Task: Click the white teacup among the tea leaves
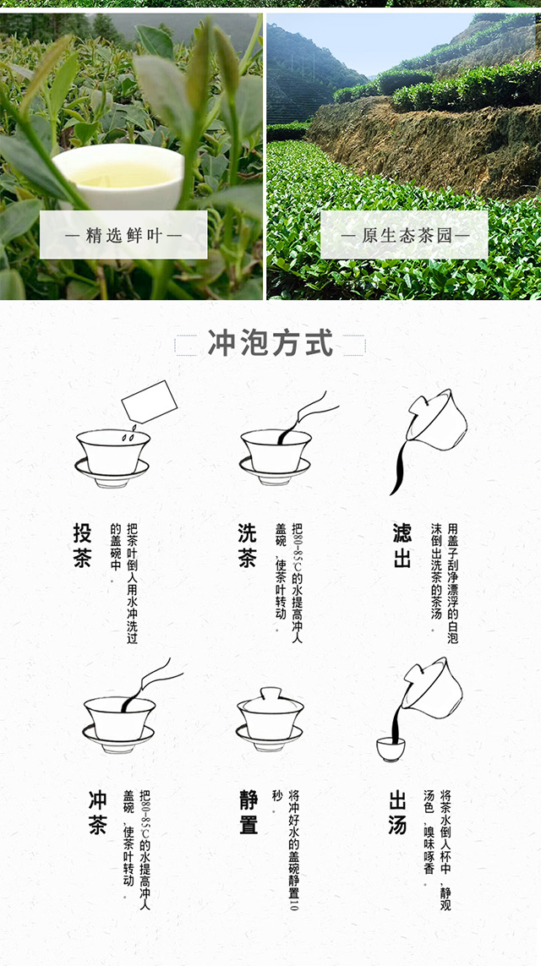pos(118,176)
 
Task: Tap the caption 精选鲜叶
pos(124,235)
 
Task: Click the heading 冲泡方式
pos(270,343)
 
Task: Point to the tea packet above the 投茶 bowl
pos(149,401)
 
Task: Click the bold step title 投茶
pos(82,545)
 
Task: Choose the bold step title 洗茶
pos(247,545)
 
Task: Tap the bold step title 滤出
pos(402,545)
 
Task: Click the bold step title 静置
pos(249,812)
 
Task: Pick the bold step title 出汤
pos(397,812)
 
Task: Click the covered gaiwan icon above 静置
pos(270,719)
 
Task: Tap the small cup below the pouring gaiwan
pos(391,749)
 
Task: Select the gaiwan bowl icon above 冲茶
pos(119,724)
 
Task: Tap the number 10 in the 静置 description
pos(293,903)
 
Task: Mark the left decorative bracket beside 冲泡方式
pos(186,345)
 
